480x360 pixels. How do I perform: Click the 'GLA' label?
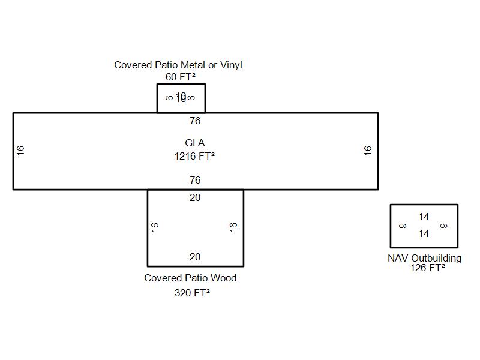coord(195,143)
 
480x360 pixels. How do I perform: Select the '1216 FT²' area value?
coord(195,156)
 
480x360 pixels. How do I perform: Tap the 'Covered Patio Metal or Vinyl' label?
coord(178,65)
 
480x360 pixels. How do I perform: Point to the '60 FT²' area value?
coord(181,77)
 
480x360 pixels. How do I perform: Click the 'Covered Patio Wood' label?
coord(190,278)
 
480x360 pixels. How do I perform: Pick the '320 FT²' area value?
coord(192,293)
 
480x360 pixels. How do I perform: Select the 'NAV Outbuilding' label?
coord(424,258)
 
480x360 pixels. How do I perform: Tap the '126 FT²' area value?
coord(427,268)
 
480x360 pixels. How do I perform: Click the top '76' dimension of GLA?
coord(195,121)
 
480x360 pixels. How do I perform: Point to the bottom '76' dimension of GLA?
coord(195,180)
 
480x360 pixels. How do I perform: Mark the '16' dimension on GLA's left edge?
coord(21,151)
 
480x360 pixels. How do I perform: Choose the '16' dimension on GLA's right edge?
coord(368,151)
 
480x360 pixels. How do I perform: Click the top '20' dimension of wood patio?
coord(195,197)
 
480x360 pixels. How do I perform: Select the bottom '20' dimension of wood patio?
coord(195,257)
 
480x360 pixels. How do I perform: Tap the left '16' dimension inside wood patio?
coord(155,227)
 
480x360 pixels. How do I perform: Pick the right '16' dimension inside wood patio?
coord(234,227)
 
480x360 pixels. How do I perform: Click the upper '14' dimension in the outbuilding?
coord(424,217)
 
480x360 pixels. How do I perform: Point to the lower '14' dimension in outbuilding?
coord(424,233)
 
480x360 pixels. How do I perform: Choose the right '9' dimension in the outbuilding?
coord(444,226)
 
